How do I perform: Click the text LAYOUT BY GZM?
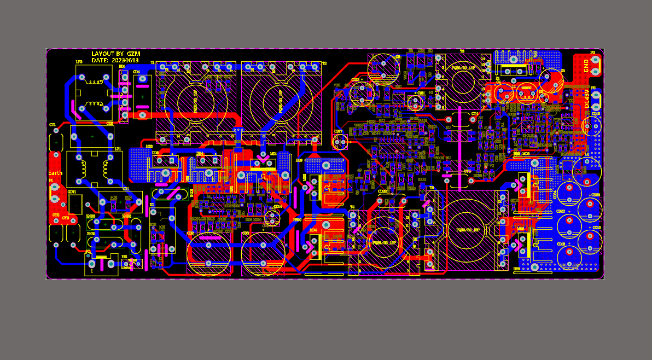point(116,54)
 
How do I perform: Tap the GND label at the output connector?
point(586,66)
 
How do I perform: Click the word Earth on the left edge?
point(55,173)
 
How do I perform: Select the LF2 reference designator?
point(79,62)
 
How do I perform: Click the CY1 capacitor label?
point(53,125)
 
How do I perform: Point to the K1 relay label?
point(152,204)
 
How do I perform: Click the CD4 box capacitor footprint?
point(142,96)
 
